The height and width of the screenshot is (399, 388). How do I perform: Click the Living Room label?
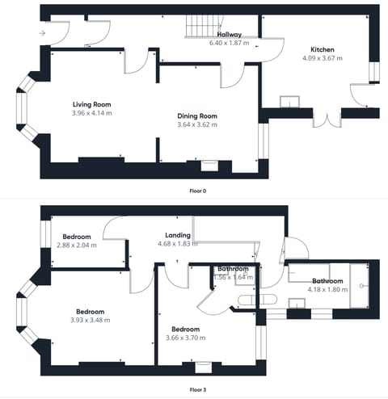(91, 104)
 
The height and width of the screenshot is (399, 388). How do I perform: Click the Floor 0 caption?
(198, 190)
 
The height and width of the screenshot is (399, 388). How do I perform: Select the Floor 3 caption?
(198, 390)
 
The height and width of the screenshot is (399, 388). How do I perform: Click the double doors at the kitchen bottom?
(327, 119)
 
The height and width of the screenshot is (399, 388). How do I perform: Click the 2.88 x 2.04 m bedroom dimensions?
(79, 245)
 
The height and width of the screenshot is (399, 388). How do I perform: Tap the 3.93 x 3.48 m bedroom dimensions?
(90, 320)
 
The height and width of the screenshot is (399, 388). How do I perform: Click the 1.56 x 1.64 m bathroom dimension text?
(233, 277)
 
